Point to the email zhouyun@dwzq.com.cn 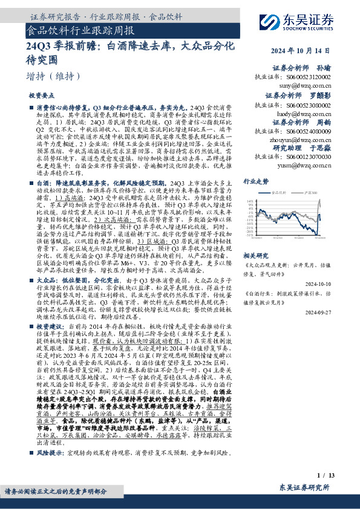pyautogui.click(x=307, y=139)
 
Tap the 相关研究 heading pyautogui.click(x=255, y=255)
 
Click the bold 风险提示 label pyautogui.click(x=49, y=451)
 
